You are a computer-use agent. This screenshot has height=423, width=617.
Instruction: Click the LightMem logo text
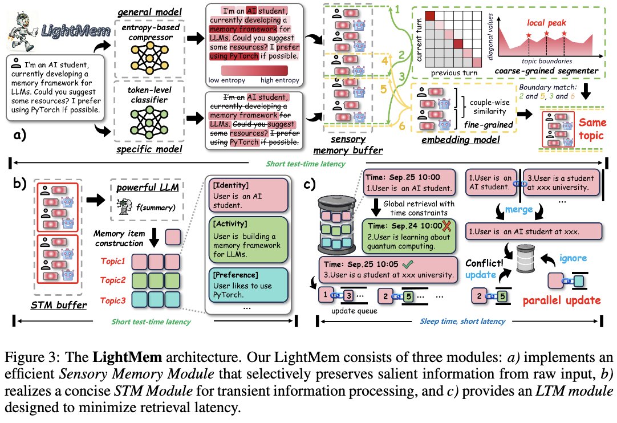76,30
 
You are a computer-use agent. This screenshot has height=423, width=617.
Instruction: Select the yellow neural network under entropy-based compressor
149,58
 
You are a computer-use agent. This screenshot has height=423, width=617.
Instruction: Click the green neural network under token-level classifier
149,122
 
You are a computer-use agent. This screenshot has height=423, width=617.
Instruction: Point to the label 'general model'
149,13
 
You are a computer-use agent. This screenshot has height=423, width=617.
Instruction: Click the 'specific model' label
149,149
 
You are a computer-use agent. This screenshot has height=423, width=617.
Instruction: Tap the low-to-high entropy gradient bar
254,71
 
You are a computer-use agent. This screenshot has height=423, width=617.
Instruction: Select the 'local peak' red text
546,23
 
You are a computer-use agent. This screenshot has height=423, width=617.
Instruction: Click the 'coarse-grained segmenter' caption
546,71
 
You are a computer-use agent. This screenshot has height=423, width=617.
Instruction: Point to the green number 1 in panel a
397,10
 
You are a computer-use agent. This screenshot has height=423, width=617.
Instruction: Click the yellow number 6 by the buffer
402,126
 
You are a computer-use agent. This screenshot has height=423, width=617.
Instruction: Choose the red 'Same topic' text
592,129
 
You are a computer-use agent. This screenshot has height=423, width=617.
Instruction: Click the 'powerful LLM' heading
148,188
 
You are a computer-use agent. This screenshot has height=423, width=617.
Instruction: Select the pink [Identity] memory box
248,196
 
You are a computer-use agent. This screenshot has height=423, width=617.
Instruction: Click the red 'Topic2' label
112,280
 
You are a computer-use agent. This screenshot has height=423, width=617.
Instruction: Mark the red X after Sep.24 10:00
446,226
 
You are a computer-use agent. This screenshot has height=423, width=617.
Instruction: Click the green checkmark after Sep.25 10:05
408,263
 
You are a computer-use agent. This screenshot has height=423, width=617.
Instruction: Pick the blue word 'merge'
518,209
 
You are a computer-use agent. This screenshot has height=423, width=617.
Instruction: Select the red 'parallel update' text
562,300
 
